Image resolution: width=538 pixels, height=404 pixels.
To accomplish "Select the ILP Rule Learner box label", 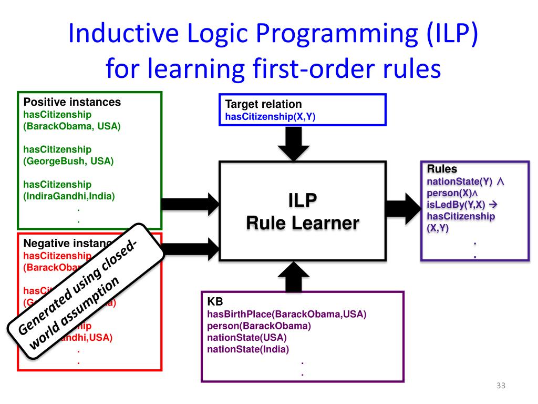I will click(x=303, y=211).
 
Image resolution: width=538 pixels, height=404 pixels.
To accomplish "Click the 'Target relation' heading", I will click(x=263, y=104).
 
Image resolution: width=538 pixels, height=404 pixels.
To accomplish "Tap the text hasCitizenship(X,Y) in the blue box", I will click(x=270, y=117).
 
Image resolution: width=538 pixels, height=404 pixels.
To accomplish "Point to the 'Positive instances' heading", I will click(x=72, y=102).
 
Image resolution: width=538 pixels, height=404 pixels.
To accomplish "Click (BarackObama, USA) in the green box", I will click(x=72, y=126).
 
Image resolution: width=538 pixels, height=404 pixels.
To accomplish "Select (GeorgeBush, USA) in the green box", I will click(x=68, y=161).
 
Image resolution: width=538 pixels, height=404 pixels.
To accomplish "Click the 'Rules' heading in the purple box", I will click(x=442, y=169).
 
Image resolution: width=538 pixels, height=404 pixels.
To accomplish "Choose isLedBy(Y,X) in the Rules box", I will click(x=456, y=205).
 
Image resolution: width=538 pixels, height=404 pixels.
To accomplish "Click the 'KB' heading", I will click(x=215, y=302).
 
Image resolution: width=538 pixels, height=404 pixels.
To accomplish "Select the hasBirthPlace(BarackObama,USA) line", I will click(x=286, y=315).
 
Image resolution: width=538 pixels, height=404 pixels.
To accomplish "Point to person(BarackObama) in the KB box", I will click(x=259, y=326).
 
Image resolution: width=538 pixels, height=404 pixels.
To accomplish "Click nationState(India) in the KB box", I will click(x=248, y=349).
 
